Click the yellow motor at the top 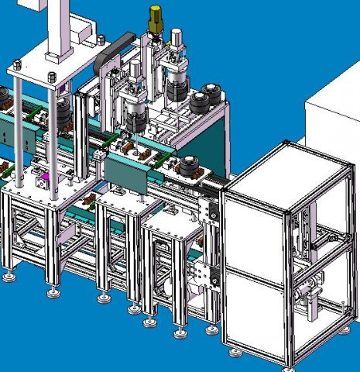click(156, 16)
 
